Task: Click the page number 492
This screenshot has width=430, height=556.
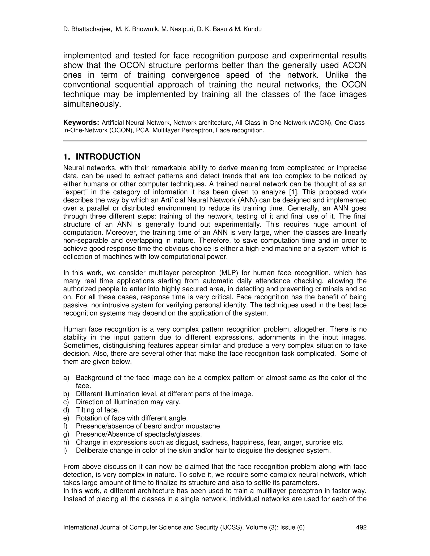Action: coord(361,527)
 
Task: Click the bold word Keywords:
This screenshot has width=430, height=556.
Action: coord(81,123)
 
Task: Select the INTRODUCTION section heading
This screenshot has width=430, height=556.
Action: coord(108,157)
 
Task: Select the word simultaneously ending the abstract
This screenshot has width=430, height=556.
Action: coord(92,104)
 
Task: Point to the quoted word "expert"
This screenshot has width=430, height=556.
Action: coord(74,192)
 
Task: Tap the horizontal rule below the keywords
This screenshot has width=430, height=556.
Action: coord(215,141)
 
